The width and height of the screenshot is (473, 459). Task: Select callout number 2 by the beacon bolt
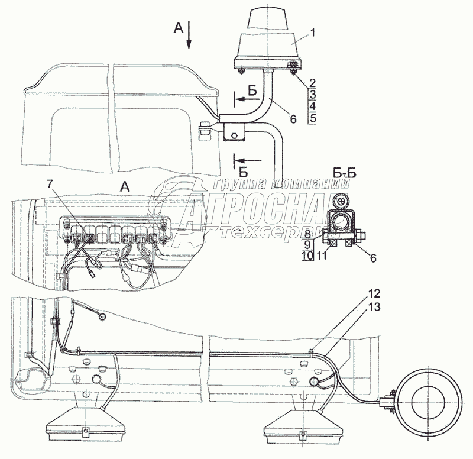coord(313,83)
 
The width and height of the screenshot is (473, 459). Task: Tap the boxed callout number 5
coord(313,118)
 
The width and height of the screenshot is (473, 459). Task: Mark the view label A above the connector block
coord(124,185)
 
